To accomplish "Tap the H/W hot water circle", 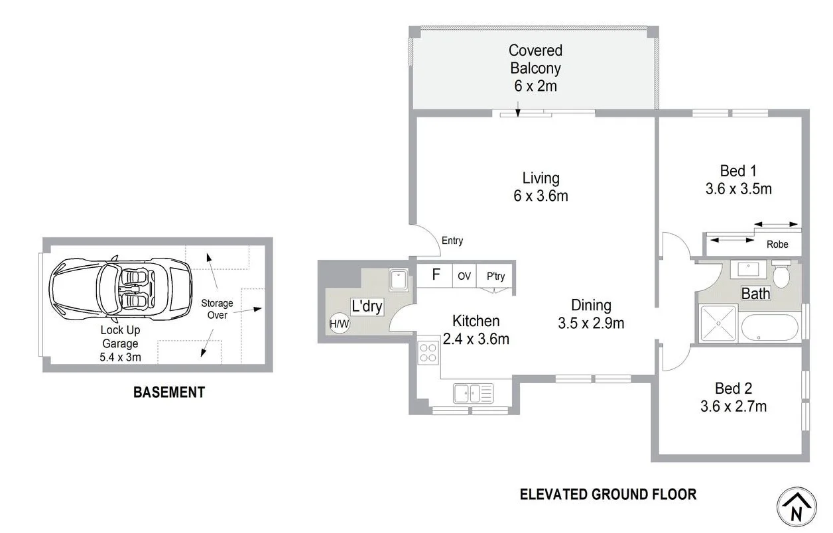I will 339,324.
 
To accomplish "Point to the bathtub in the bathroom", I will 769,327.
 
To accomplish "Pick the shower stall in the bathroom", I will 718,324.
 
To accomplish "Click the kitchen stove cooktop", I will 428,353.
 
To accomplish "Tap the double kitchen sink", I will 474,393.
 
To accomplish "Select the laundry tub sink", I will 398,280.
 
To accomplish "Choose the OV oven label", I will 464,276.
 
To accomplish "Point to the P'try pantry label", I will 495,276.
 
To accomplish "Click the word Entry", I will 452,241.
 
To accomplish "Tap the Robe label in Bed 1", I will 777,245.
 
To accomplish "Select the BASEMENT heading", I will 169,392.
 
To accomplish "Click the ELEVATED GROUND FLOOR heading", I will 608,494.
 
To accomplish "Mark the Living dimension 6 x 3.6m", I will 541,196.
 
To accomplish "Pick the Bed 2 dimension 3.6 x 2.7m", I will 734,406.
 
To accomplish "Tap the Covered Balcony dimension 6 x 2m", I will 535,86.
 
